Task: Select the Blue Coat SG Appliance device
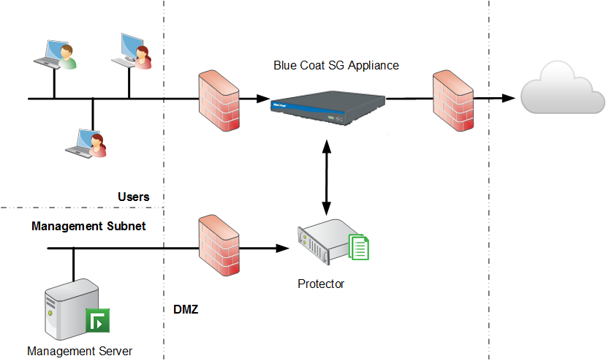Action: click(x=327, y=107)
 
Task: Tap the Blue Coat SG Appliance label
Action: click(x=336, y=65)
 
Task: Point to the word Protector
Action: click(x=320, y=284)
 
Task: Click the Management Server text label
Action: click(x=80, y=351)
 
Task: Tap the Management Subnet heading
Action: click(x=88, y=226)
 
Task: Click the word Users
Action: click(x=133, y=197)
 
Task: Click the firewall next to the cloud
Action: click(x=453, y=100)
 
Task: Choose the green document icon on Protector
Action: click(x=359, y=246)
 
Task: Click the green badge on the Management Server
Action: click(x=97, y=320)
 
